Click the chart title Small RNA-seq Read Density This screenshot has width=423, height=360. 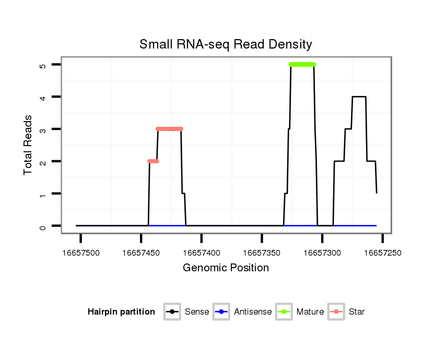pos(226,44)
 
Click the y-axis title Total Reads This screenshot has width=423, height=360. pos(28,145)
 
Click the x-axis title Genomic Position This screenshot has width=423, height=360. pos(226,268)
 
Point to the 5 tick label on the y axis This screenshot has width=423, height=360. pos(42,65)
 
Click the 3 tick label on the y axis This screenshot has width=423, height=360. pos(42,129)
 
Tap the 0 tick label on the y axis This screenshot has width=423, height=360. pos(42,226)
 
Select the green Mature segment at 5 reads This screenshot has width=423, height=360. pos(302,65)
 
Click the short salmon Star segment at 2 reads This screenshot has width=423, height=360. pos(153,161)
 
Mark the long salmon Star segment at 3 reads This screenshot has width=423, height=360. pos(169,129)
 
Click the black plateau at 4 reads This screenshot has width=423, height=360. pos(359,97)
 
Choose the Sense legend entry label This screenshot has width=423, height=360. pos(197,312)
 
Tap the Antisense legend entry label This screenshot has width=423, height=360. pos(253,312)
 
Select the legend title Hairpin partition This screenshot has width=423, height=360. pos(121,312)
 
